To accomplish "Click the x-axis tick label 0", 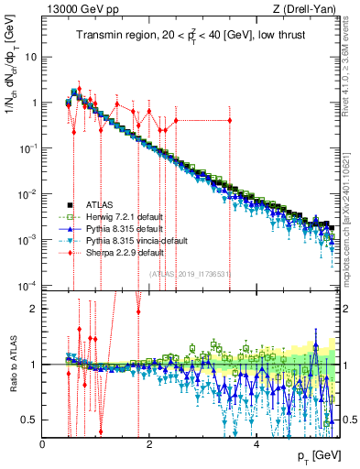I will pos(43,444).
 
